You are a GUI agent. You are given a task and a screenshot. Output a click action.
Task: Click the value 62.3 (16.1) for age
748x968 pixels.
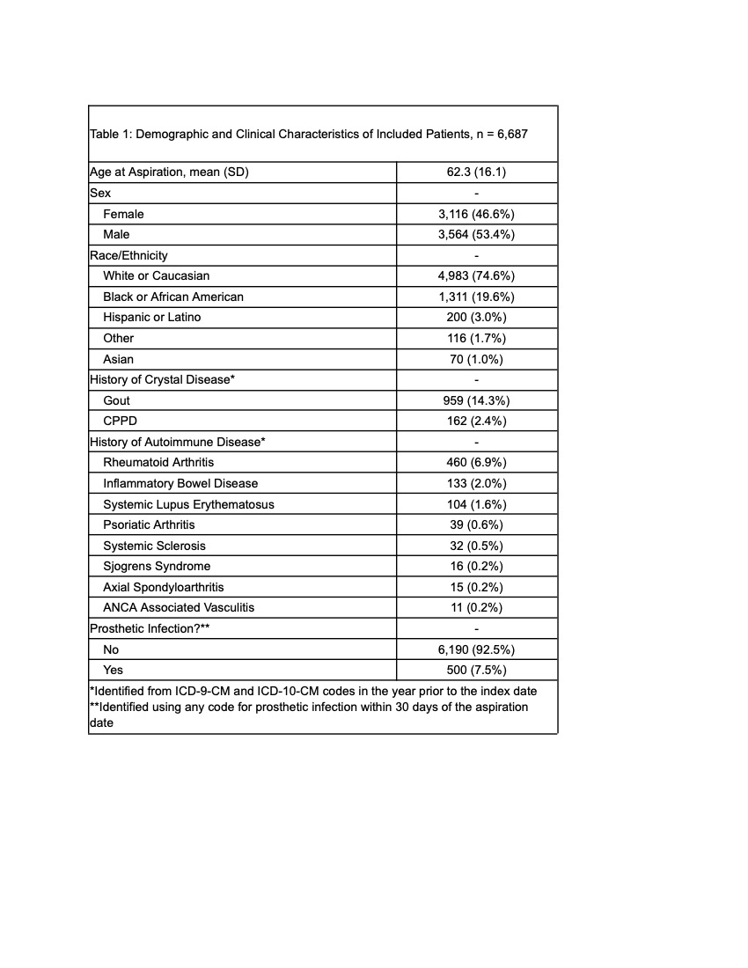click(476, 172)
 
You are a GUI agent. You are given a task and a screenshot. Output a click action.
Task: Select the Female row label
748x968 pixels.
click(123, 214)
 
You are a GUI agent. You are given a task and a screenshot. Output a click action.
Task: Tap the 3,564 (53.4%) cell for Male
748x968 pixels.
click(476, 235)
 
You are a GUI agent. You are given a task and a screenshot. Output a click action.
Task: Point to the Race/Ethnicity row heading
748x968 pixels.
click(128, 255)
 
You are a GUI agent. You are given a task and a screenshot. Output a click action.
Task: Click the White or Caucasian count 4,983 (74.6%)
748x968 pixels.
click(476, 276)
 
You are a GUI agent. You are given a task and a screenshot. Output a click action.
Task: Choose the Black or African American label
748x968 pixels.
click(173, 297)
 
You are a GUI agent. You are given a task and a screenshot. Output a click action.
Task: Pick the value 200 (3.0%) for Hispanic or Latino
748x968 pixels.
click(476, 318)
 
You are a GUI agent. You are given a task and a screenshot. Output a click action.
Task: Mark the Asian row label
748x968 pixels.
click(119, 359)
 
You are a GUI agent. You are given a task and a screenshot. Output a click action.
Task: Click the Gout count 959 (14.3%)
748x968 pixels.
click(476, 400)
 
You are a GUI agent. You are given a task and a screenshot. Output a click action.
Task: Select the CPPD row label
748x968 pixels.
click(120, 421)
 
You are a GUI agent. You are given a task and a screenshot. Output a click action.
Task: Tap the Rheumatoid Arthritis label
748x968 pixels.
click(158, 462)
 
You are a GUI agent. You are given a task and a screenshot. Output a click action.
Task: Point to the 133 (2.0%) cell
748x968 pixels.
click(476, 483)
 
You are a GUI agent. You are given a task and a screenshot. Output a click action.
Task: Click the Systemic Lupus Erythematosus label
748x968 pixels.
click(188, 504)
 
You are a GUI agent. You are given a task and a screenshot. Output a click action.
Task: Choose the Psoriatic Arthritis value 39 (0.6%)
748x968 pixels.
click(476, 524)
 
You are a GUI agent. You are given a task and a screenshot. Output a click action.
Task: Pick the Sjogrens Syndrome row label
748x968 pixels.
click(157, 566)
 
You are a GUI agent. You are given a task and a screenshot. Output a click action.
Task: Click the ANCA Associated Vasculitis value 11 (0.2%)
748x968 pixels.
click(476, 607)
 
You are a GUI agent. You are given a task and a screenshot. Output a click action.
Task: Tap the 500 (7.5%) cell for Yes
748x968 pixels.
click(476, 670)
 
